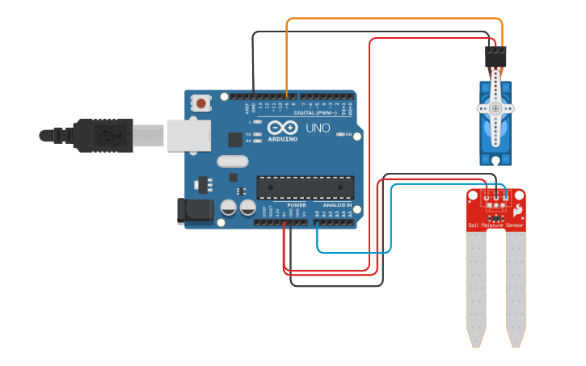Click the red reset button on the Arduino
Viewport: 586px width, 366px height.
pyautogui.click(x=200, y=103)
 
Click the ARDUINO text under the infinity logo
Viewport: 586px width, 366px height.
pyautogui.click(x=282, y=139)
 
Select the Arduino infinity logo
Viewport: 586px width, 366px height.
pyautogui.click(x=282, y=128)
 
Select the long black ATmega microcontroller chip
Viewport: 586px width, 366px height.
pyautogui.click(x=305, y=187)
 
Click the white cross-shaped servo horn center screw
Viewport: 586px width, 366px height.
pyautogui.click(x=495, y=107)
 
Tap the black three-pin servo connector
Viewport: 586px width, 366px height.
pyautogui.click(x=495, y=57)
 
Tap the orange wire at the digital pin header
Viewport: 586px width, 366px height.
pyautogui.click(x=286, y=92)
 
